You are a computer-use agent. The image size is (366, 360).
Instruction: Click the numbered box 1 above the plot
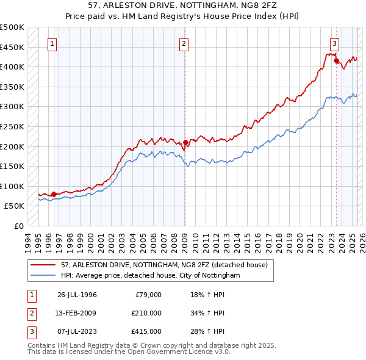click(x=53, y=43)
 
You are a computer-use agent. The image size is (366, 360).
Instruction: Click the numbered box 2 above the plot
click(x=184, y=43)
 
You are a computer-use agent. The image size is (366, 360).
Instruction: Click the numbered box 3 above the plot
click(x=335, y=43)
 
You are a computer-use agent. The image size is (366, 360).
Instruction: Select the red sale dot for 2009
click(x=185, y=143)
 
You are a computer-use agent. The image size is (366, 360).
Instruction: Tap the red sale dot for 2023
click(x=336, y=61)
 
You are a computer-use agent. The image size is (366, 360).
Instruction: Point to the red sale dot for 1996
click(x=54, y=195)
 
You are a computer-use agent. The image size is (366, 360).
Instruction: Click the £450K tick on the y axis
click(x=12, y=47)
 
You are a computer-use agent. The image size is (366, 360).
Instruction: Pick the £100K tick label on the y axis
click(x=12, y=186)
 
